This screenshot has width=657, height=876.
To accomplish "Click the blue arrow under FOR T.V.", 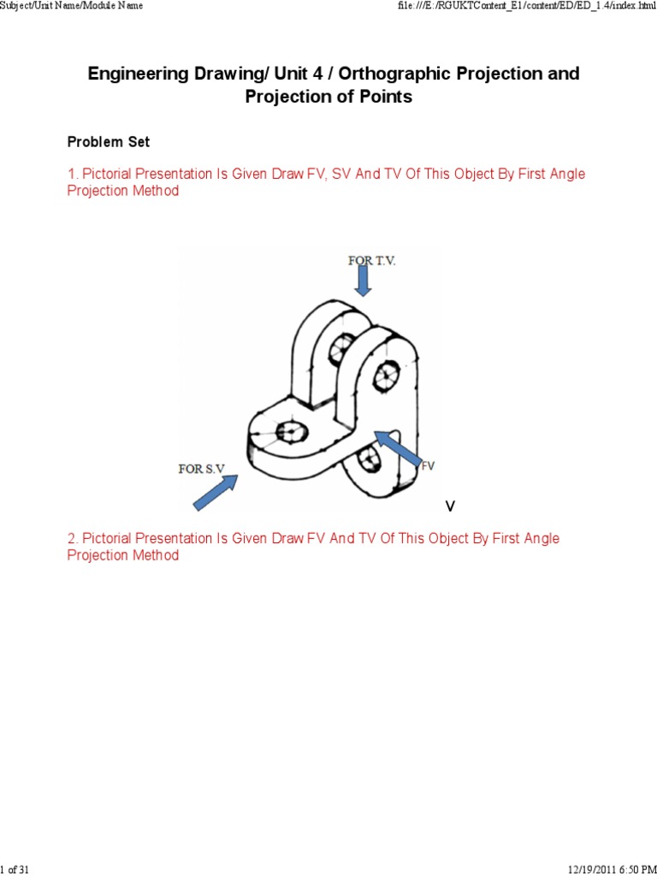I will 364,281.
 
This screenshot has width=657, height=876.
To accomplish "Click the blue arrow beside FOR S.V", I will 215,493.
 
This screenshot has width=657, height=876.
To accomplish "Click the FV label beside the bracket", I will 428,465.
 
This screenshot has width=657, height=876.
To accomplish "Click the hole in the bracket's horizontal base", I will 291,429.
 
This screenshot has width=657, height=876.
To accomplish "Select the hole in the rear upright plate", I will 342,346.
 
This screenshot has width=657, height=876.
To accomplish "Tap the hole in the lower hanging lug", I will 370,459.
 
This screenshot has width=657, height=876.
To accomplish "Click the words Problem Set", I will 109,142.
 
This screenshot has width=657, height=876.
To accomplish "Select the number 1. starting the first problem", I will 73,175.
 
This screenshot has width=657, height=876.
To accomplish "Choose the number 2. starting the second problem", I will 73,539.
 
